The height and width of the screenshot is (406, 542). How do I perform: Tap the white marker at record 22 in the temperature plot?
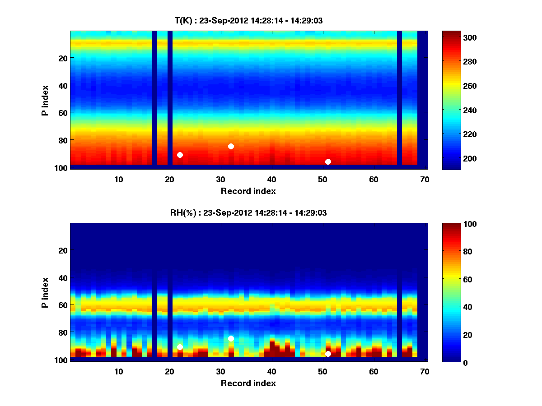tap(180, 155)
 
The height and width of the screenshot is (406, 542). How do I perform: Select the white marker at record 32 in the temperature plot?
tap(231, 146)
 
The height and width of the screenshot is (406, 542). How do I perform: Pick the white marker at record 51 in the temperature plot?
tap(328, 161)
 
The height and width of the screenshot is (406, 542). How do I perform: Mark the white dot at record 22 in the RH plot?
tap(180, 347)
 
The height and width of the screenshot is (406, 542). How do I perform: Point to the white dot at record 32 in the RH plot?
tap(231, 338)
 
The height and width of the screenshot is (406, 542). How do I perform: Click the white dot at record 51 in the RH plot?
tap(328, 354)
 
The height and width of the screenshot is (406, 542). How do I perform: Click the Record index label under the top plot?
tap(248, 191)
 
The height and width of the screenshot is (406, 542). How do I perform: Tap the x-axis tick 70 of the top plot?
tap(425, 179)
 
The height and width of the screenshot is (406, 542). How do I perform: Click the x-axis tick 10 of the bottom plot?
tap(118, 371)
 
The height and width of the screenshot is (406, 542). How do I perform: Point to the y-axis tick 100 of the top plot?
tap(62, 168)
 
